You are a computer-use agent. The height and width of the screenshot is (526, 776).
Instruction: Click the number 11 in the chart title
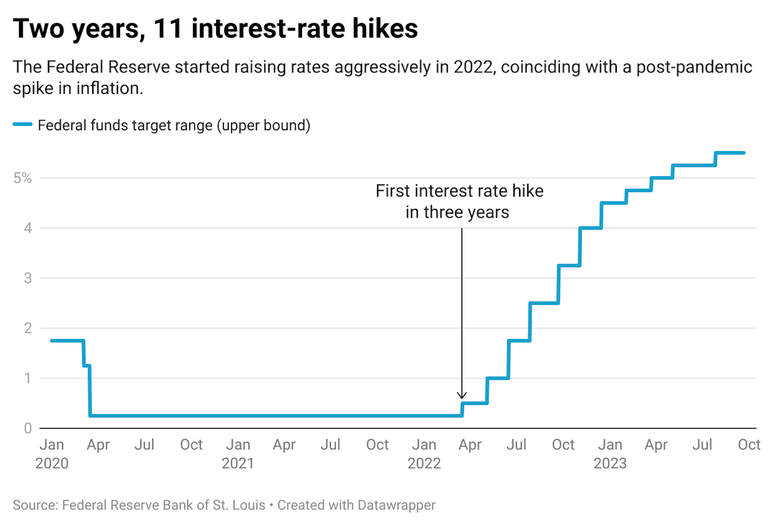168,29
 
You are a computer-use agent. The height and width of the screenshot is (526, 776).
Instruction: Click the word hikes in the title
385,29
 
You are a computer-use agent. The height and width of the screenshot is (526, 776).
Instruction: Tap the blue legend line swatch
23,125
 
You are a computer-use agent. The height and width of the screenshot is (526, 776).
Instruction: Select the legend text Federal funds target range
125,125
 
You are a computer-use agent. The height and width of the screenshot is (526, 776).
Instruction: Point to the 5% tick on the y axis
23,178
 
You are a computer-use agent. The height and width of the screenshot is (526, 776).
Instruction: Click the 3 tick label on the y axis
27,278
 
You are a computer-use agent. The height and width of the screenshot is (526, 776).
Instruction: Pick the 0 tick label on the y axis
27,428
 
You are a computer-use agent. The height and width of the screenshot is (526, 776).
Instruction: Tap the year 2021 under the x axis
238,463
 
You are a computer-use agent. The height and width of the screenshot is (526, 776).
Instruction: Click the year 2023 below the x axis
610,463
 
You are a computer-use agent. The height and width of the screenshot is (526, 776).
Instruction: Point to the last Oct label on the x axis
749,445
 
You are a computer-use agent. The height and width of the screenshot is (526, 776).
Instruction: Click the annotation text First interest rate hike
459,191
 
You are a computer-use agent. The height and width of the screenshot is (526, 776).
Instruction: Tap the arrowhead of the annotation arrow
462,397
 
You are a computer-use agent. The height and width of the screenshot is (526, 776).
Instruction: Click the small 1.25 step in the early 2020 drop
86,365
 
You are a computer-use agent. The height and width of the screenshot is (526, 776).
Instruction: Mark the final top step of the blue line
730,153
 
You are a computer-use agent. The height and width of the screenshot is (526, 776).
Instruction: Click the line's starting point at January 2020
52,340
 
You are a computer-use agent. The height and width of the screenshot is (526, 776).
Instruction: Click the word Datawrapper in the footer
396,505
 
